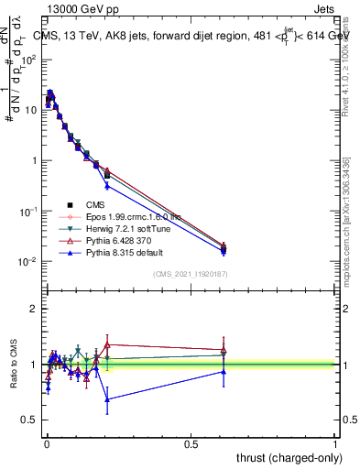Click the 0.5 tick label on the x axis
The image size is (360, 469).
(191, 443)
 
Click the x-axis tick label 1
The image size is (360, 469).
(335, 443)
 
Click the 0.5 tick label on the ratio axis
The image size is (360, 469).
(29, 420)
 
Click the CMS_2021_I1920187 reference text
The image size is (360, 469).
(190, 274)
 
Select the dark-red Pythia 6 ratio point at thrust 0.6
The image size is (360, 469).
(224, 350)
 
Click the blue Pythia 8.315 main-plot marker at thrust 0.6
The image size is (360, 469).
(224, 251)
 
